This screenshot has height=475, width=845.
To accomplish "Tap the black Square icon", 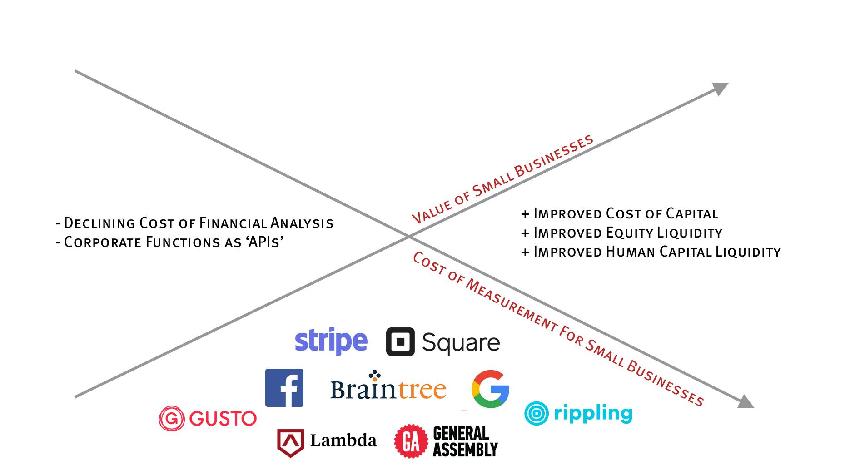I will [x=400, y=341].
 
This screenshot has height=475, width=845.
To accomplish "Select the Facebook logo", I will [x=284, y=387].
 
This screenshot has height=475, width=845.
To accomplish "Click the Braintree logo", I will [x=388, y=387].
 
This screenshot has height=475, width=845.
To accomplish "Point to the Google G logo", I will [x=490, y=389].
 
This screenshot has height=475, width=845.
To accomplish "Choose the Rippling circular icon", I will [x=536, y=413].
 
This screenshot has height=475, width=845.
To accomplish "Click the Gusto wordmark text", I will [x=223, y=418].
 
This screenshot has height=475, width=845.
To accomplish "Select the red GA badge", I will [x=411, y=441].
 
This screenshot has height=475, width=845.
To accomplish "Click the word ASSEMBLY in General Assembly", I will [x=465, y=450].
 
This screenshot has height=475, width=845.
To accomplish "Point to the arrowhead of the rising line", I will [x=720, y=88].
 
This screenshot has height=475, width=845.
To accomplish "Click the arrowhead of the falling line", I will [x=745, y=402].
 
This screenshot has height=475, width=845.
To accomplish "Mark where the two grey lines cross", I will [x=408, y=236].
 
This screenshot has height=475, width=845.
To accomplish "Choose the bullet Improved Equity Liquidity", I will [x=621, y=233].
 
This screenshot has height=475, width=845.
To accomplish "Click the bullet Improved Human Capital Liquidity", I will [x=651, y=252].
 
